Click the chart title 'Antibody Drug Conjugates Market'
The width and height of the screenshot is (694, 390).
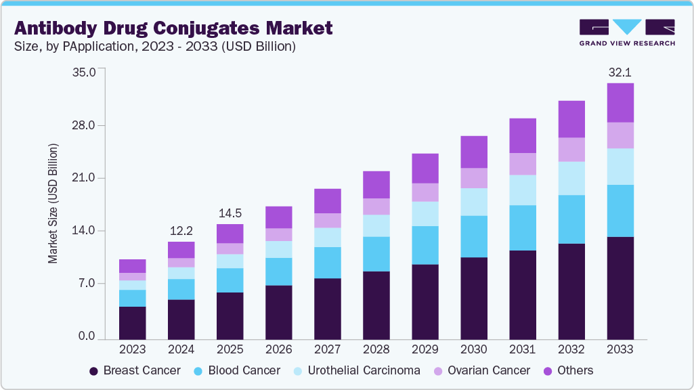[173, 28]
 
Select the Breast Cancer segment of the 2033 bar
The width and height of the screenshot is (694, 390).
[620, 288]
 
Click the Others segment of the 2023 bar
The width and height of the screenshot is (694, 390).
[132, 266]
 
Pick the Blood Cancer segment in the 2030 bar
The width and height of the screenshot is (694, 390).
[473, 236]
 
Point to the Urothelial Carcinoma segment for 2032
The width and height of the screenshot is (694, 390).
[571, 178]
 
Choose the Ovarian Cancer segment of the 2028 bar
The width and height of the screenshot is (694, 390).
[376, 207]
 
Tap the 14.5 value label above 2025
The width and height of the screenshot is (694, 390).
[230, 213]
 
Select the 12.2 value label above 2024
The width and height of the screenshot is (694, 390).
[181, 230]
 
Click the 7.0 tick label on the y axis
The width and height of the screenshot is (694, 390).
[87, 283]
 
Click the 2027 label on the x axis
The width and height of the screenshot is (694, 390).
[327, 349]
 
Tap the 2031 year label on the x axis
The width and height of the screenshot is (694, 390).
[522, 349]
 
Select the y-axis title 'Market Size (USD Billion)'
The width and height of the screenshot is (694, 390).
[52, 203]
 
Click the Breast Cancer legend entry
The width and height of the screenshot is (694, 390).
[135, 370]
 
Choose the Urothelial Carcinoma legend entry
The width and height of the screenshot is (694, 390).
[355, 370]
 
